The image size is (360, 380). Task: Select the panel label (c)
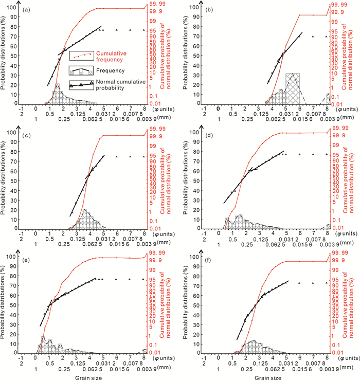(x=24, y=135)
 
